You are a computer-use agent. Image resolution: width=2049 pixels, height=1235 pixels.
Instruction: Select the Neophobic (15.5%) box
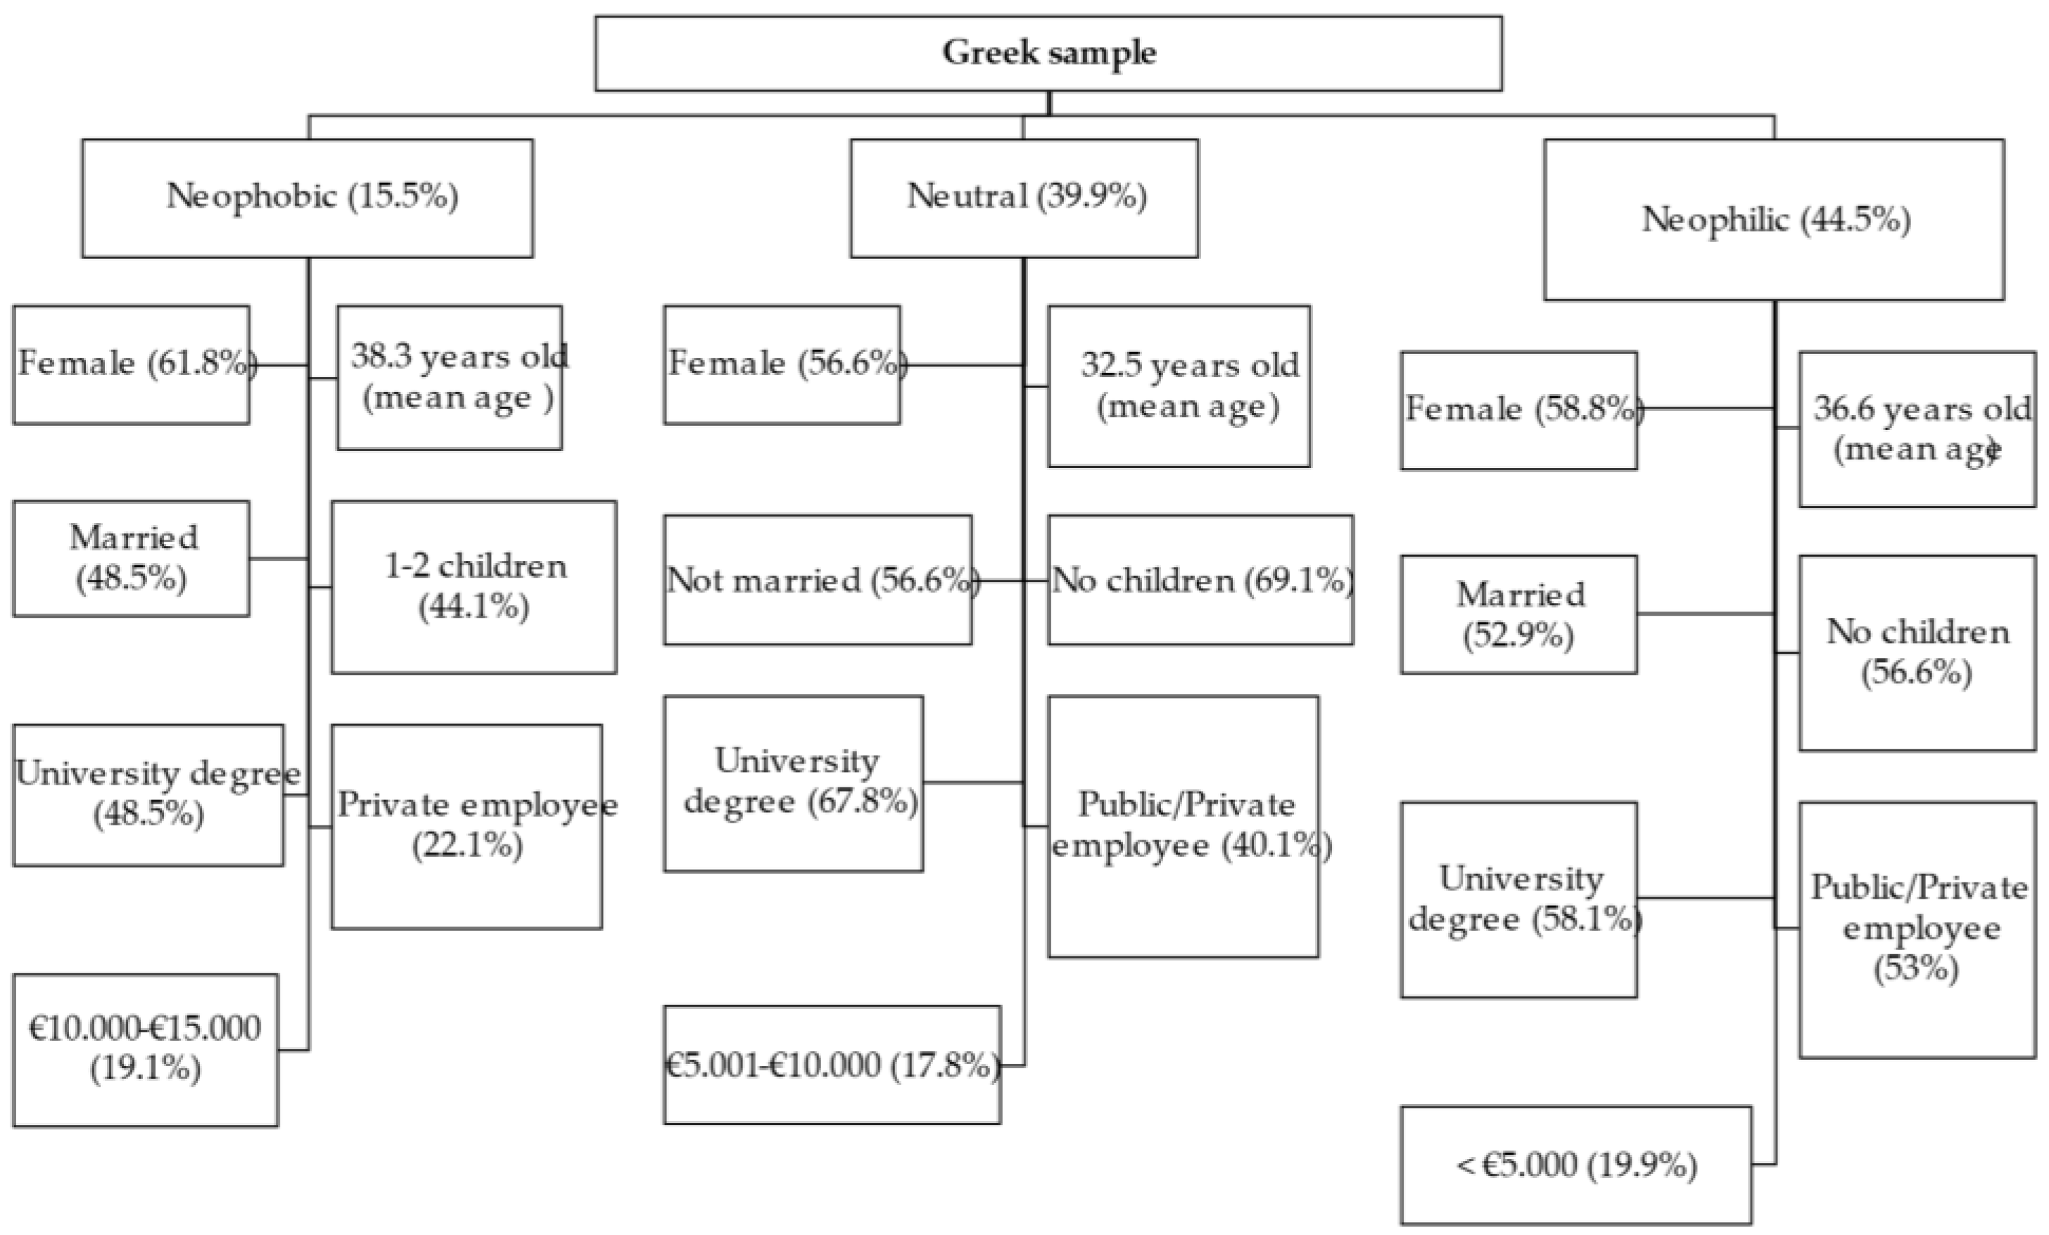coord(307,198)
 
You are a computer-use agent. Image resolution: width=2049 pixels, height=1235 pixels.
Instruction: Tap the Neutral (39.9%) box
coord(1024,198)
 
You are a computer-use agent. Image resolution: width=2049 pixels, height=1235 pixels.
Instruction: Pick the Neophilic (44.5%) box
coord(1774,220)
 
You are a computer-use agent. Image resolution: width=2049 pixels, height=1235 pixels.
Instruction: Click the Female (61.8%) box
coord(132,365)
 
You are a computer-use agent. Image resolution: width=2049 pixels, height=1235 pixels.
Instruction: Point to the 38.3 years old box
coord(449,378)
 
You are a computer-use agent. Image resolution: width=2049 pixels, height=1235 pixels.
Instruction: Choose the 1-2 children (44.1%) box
coord(474,587)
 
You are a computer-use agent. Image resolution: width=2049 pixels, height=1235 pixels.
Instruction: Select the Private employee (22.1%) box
coord(467,826)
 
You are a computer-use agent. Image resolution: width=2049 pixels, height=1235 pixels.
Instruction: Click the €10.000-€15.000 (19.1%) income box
coord(146,1049)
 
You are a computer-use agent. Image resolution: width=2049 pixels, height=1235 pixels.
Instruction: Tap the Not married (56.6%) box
coord(818,580)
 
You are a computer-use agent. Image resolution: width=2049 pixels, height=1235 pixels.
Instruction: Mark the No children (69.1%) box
coord(1200,580)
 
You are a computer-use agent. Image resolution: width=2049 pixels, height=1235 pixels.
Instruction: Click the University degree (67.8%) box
coord(793,783)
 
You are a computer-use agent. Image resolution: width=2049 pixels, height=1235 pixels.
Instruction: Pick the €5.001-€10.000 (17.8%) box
coord(832,1065)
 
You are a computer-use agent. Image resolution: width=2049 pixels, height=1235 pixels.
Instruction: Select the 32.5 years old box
coord(1179,386)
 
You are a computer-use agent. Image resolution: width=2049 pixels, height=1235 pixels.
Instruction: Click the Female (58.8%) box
coord(1518,410)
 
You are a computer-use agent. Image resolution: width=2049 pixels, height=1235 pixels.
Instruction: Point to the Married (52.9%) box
coord(1518,614)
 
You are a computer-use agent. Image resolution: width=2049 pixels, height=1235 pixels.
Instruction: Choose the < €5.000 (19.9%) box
coord(1576,1165)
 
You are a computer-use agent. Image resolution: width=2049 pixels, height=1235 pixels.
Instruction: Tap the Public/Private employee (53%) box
coord(1917,930)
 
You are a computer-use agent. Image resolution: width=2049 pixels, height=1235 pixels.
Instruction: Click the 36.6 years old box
coord(1917,429)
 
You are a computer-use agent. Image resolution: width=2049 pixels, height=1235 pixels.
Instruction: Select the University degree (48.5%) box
coord(148,794)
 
